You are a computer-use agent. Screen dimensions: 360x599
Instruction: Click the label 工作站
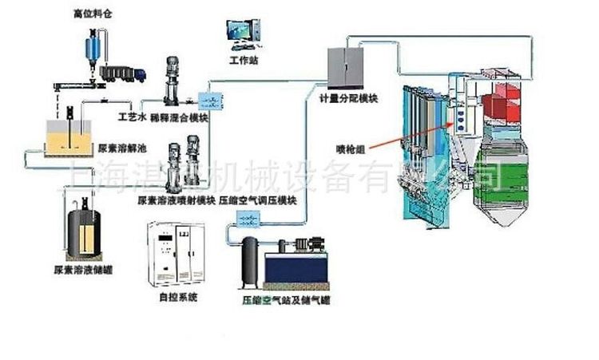(243, 61)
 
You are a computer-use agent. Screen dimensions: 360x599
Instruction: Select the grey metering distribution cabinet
(347, 67)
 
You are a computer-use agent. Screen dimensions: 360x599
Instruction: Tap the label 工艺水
(130, 117)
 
